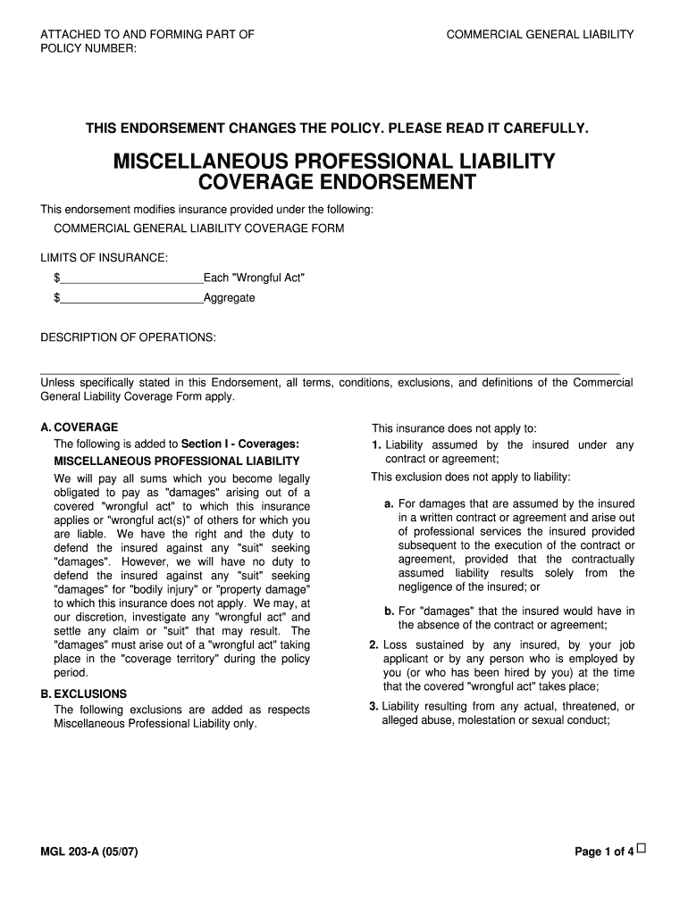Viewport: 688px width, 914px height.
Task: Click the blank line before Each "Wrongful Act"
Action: [131, 279]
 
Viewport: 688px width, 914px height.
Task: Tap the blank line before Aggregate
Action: [131, 299]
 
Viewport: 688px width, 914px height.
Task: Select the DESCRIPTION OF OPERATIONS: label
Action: [128, 337]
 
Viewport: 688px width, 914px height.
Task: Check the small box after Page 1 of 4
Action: [642, 849]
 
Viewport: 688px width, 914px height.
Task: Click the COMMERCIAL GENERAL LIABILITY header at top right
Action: [540, 35]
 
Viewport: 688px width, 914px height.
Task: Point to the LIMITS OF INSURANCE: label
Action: [104, 258]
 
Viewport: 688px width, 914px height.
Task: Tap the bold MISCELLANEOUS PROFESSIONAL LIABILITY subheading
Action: [177, 461]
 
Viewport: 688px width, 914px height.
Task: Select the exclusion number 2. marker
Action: [374, 644]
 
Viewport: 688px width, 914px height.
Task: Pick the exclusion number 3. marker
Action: [374, 706]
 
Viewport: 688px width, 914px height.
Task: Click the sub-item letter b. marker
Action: [390, 611]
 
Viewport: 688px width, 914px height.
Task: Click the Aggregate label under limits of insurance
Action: [230, 298]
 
